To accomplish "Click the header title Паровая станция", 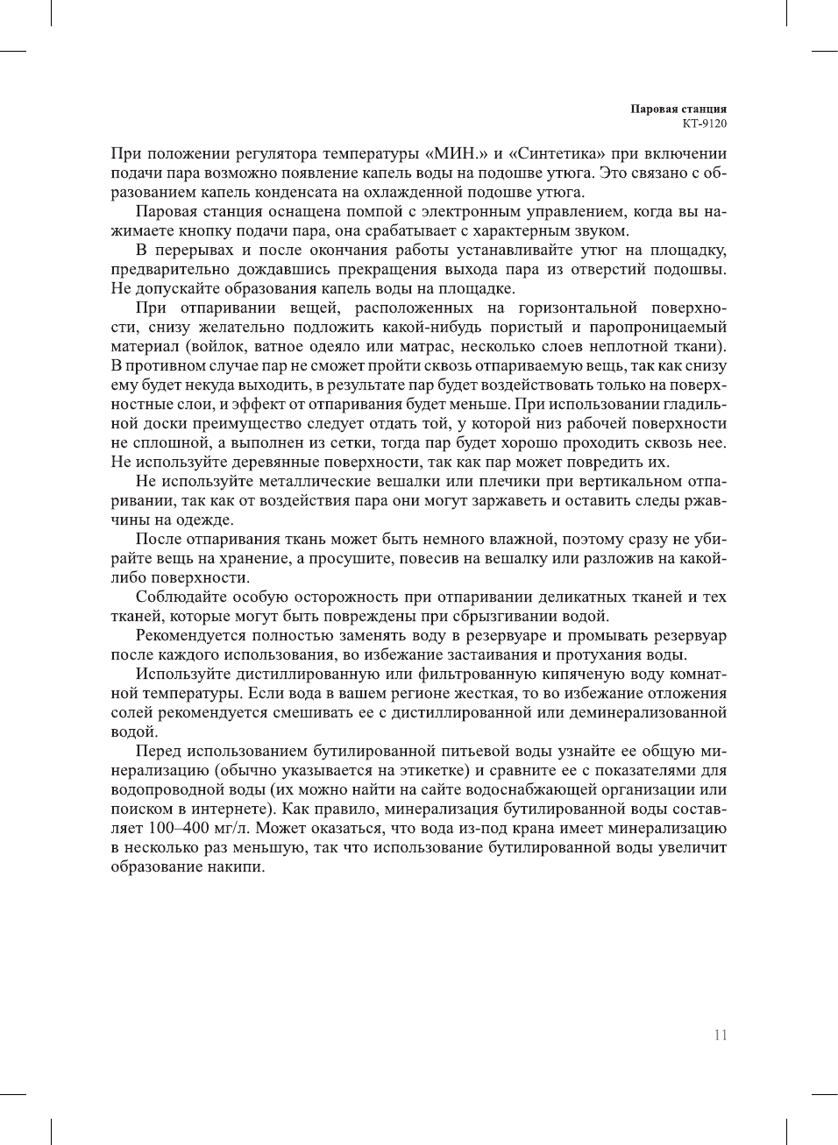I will (678, 110).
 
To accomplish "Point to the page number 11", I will (720, 1035).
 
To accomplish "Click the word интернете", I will (230, 809).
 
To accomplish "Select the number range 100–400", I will (144, 828).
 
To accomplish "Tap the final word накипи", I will (235, 866).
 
